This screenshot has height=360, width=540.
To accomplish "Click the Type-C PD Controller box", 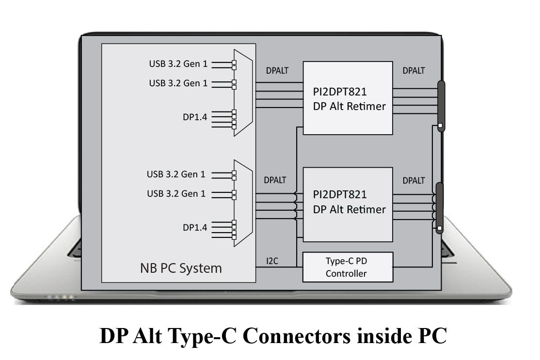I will tap(348, 267).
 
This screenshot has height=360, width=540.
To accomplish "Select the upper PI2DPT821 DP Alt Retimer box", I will tap(348, 98).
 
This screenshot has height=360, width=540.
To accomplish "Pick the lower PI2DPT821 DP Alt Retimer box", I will tap(348, 204).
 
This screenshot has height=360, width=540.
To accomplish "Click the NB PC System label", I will tap(181, 268).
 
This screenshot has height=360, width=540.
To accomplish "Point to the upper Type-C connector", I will tap(441, 106).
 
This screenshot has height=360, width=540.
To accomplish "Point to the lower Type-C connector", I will tap(440, 208).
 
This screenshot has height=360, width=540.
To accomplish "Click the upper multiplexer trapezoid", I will tap(243, 93).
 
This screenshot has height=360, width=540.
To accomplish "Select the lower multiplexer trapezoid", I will tap(243, 203).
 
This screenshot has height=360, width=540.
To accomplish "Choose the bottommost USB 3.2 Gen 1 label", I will tap(176, 193).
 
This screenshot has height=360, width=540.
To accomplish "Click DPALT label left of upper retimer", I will tap(277, 71).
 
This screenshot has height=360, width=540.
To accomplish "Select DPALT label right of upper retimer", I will tap(413, 71).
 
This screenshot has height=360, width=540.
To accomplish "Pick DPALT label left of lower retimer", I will tap(275, 180).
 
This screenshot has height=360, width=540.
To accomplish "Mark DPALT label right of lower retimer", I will tap(413, 180).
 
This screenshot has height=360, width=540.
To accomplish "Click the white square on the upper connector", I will tap(440, 126).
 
